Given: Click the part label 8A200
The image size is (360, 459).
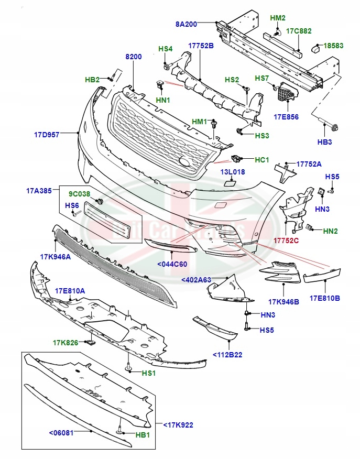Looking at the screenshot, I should (186, 24).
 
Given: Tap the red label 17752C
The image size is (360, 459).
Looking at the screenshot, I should (286, 241).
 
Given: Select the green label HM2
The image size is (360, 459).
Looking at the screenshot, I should (278, 18).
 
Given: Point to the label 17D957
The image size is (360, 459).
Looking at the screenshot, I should (48, 135).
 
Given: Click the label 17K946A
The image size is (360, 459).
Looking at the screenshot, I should (56, 257).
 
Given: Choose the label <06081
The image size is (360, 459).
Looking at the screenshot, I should (61, 432).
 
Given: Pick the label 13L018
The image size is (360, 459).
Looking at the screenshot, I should (232, 172).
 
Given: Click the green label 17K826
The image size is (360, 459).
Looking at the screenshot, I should (65, 343).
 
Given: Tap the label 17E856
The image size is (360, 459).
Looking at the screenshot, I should (286, 117).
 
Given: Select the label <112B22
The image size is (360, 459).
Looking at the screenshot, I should (227, 355).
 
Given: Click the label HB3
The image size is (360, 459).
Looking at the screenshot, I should (324, 142).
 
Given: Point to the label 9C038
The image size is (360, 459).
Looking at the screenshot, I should (80, 194).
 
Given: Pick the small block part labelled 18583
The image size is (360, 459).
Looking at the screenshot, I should (317, 49).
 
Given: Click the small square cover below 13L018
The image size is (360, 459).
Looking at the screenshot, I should (228, 183).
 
